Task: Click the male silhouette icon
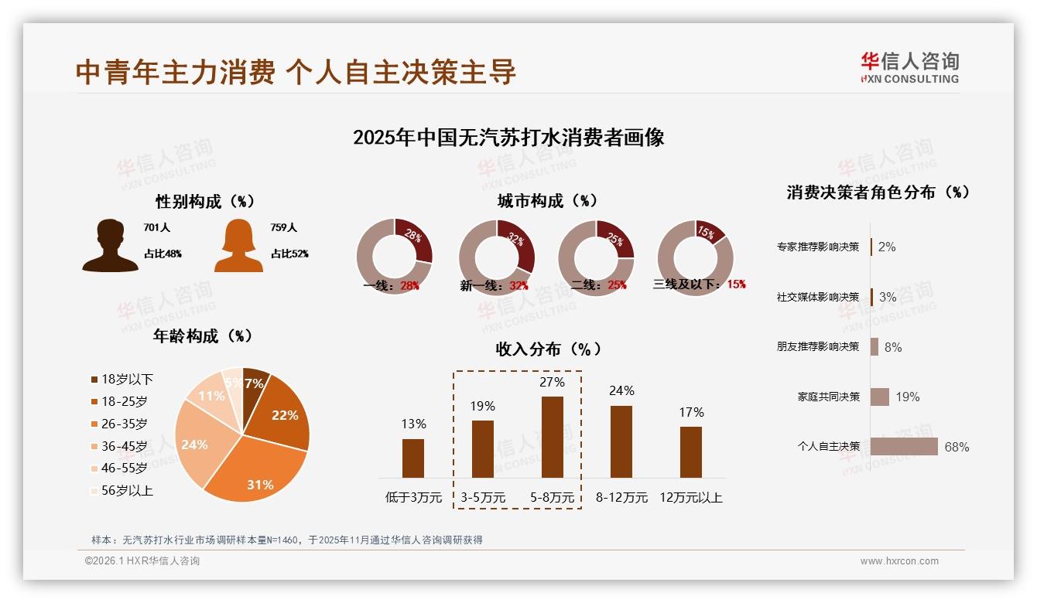click(110, 246)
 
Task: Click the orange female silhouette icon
click(238, 246)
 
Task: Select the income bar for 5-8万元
click(552, 437)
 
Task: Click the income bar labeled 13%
click(413, 458)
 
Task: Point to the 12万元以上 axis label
click(690, 498)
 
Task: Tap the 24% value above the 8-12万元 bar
click(621, 391)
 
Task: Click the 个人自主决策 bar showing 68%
click(903, 447)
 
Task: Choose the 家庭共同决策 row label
click(828, 397)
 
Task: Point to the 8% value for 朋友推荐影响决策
click(893, 347)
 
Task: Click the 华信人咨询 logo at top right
click(909, 68)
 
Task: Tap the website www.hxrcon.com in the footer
click(899, 561)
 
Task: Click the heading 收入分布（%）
click(548, 349)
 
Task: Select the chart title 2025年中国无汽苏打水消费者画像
click(508, 138)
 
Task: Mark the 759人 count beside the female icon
click(283, 228)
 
